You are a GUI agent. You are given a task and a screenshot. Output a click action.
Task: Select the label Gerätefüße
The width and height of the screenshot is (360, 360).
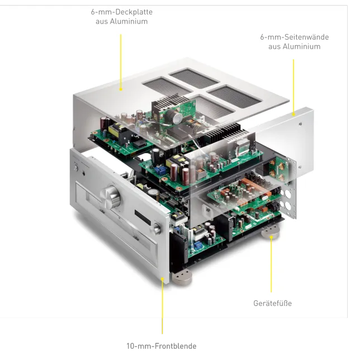(273, 304)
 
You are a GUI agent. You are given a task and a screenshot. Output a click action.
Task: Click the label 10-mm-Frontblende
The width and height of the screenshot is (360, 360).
(162, 346)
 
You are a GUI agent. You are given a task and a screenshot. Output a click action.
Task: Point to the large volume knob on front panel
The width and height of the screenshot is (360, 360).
(111, 197)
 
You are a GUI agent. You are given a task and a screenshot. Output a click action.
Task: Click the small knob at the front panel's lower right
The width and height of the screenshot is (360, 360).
(157, 228)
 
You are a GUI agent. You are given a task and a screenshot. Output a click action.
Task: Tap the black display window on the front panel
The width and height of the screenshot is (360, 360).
(143, 217)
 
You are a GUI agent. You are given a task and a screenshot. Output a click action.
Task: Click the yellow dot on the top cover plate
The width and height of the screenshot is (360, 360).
(121, 89)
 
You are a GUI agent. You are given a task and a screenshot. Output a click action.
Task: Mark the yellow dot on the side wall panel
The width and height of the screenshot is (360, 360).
(293, 114)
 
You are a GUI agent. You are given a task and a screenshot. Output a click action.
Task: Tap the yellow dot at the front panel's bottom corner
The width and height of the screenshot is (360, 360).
(162, 279)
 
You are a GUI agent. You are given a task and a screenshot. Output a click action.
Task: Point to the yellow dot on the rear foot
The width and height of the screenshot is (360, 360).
(271, 237)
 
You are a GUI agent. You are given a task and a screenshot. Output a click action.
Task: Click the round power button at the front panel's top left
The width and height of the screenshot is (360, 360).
(76, 168)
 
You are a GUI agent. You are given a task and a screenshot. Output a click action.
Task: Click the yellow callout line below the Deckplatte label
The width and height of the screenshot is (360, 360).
(121, 61)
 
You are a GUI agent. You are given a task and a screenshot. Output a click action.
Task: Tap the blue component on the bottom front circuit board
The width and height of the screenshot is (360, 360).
(197, 245)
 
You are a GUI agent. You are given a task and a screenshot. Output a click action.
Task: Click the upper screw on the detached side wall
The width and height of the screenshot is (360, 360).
(301, 124)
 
